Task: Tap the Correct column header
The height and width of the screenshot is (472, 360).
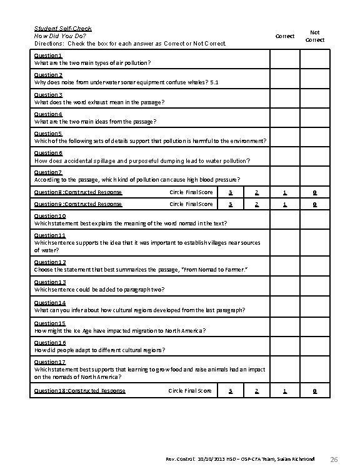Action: [x=284, y=36]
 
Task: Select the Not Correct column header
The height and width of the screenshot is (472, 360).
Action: [x=314, y=36]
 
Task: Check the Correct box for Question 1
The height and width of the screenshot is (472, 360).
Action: [x=284, y=60]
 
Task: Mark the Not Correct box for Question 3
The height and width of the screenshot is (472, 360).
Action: [x=314, y=99]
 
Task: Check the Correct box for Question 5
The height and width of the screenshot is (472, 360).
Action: [x=284, y=137]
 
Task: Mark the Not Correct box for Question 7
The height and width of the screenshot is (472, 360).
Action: [x=314, y=176]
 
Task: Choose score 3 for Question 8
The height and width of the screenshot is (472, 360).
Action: [x=231, y=192]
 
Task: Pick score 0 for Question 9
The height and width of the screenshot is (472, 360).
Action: [x=314, y=204]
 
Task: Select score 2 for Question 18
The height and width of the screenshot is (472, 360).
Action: [x=257, y=391]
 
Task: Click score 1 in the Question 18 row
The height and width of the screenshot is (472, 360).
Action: [x=284, y=391]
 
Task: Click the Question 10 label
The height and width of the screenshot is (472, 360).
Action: [x=49, y=216]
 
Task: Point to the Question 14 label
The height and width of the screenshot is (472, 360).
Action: [x=49, y=303]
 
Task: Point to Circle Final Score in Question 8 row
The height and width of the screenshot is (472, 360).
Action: [x=191, y=192]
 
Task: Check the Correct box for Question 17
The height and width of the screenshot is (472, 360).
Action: [x=284, y=370]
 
